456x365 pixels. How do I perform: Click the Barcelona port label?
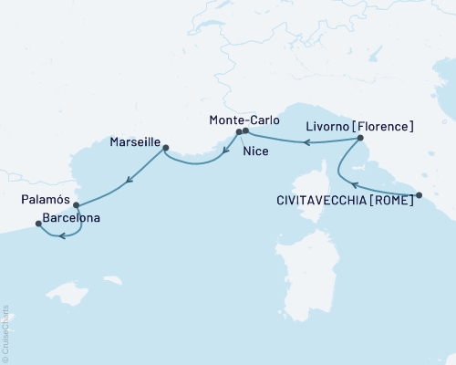(x=71, y=219)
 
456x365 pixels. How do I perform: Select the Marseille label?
(x=134, y=143)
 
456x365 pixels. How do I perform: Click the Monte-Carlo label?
(x=240, y=120)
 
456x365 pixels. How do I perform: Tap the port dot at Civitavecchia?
(x=420, y=195)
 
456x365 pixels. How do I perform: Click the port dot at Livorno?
(x=361, y=139)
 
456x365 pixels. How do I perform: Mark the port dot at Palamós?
(x=76, y=205)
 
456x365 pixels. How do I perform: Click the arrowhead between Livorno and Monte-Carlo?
(x=307, y=142)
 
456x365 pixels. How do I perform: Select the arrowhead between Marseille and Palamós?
(x=129, y=180)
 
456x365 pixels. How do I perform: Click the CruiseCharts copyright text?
(x=5, y=332)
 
